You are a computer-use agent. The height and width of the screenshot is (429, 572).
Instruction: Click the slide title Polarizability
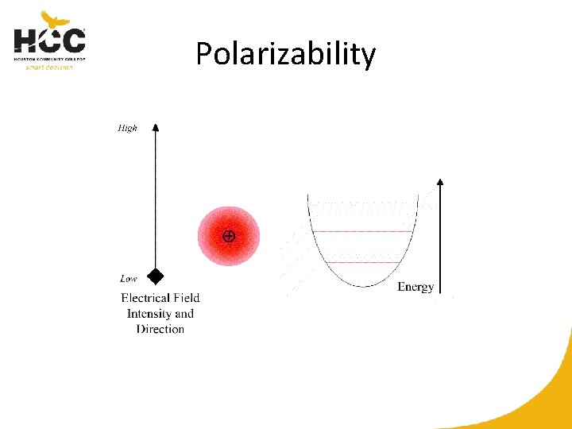click(x=285, y=54)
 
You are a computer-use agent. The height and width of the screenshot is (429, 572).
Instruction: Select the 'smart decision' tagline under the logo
click(x=49, y=67)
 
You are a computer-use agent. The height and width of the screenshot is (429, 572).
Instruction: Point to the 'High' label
click(x=127, y=128)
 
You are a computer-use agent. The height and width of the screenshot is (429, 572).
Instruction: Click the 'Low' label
click(x=128, y=279)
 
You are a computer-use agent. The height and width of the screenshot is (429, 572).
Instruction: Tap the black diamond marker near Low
click(x=156, y=276)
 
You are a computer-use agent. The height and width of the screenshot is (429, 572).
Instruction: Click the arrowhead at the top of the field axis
click(x=156, y=127)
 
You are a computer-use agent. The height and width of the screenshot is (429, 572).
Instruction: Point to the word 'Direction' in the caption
click(x=160, y=329)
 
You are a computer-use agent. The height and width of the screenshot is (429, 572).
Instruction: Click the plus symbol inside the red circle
click(x=229, y=236)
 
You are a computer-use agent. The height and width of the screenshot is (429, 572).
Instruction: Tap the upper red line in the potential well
click(x=363, y=231)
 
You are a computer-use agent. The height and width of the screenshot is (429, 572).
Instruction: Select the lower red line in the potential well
click(x=363, y=262)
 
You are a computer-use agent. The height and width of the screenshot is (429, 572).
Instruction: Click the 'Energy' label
click(x=415, y=287)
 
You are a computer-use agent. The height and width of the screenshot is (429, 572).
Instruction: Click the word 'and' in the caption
click(x=184, y=313)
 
